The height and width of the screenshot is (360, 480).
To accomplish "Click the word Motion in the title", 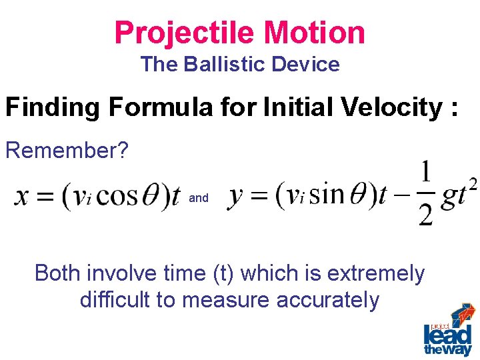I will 315,32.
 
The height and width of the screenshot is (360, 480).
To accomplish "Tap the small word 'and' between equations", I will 199,198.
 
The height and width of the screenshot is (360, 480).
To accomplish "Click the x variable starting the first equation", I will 22,197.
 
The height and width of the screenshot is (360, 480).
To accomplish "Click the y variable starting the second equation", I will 235,197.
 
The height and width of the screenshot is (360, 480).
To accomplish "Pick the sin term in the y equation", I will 326,197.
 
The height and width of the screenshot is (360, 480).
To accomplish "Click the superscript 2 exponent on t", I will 472,183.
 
